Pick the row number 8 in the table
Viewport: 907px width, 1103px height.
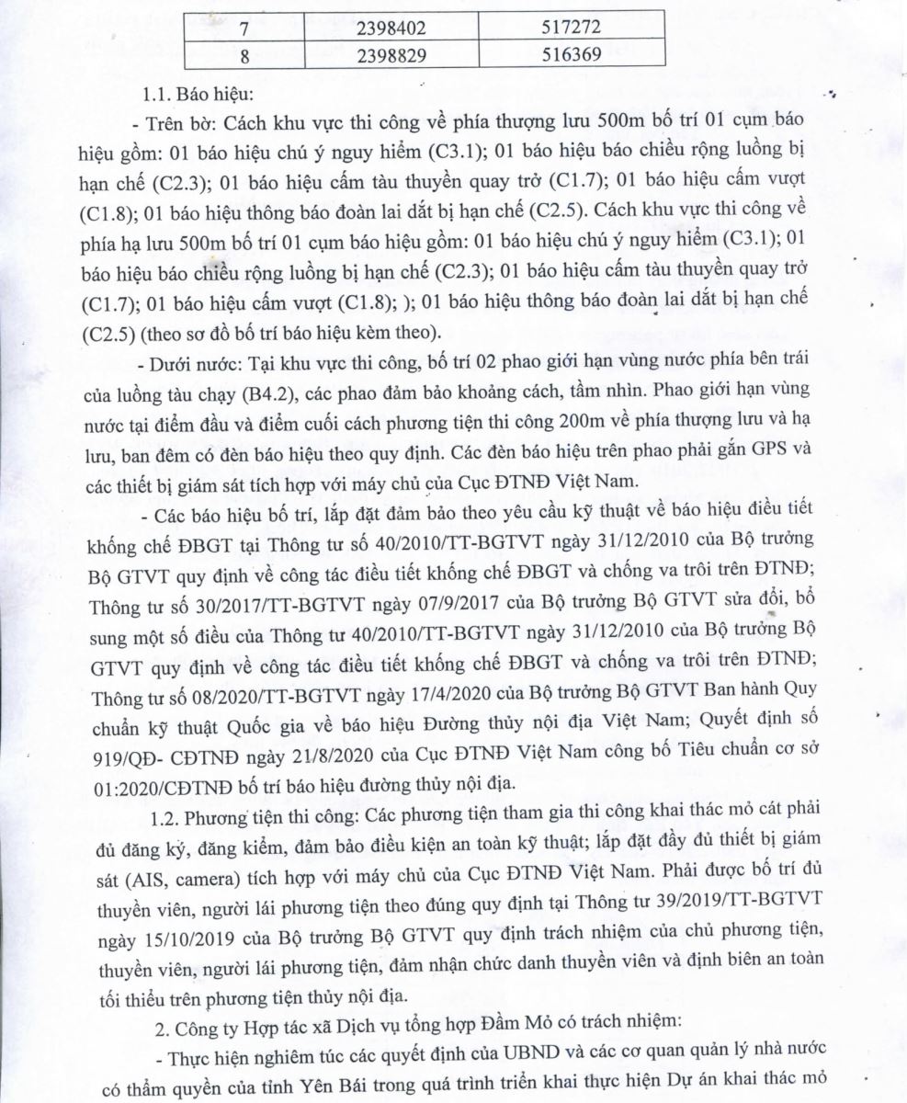click(245, 54)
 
